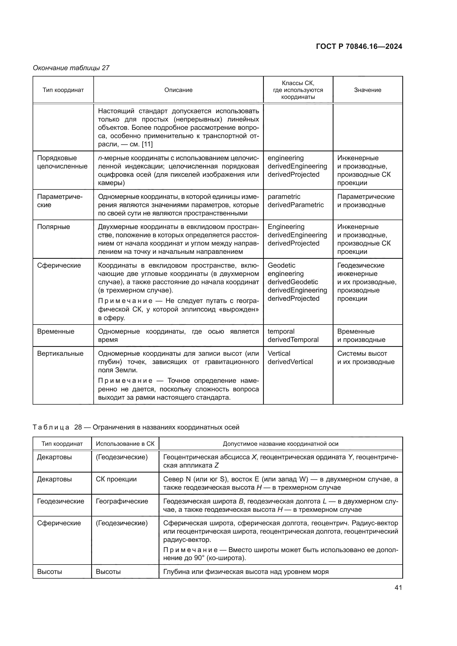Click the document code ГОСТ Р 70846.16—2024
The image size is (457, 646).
359,46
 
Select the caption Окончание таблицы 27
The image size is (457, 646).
71,68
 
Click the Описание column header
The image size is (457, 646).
178,90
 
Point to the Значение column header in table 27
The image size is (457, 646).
367,90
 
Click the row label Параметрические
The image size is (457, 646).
60,201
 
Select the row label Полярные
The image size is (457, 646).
54,227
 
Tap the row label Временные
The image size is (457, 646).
56,331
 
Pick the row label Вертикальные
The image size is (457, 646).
60,354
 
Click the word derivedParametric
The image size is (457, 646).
295,205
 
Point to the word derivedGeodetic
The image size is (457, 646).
293,282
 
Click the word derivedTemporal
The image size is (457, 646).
293,340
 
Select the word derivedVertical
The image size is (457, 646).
290,362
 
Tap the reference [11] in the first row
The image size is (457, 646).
147,144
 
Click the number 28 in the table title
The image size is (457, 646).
78,427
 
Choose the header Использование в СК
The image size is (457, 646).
125,444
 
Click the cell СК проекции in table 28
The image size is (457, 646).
116,479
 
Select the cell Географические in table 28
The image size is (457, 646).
122,501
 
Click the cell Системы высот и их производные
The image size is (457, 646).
366,358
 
